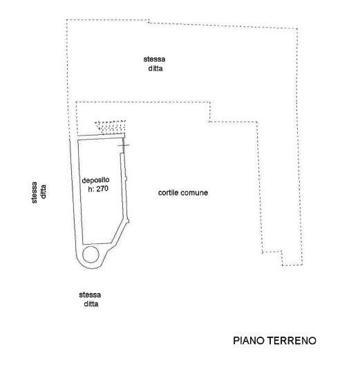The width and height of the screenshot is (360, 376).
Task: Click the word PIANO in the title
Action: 249,341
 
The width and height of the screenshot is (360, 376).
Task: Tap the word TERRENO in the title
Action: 292,341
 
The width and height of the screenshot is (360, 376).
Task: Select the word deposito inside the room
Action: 95,180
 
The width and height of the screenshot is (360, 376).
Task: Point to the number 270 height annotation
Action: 102,189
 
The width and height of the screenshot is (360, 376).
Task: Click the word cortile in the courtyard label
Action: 169,193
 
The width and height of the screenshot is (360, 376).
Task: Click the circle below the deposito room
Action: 91,254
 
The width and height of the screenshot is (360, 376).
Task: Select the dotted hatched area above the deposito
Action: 111,128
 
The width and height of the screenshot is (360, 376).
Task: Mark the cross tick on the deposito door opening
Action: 124,145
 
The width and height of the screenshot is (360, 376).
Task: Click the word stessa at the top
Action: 154,59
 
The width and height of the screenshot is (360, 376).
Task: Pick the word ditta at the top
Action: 155,68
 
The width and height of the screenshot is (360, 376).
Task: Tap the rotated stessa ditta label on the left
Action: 39,193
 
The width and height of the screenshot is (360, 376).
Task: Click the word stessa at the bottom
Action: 90,295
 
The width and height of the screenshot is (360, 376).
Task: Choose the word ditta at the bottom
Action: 91,304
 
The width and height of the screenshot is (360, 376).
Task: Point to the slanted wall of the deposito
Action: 120,232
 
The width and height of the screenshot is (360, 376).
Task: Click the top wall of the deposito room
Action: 101,137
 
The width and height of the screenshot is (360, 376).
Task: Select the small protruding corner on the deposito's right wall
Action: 128,220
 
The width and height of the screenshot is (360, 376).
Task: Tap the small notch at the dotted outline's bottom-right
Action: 282,258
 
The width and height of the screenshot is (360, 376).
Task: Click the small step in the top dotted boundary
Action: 149,21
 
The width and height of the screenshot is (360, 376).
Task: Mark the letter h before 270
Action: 90,189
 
